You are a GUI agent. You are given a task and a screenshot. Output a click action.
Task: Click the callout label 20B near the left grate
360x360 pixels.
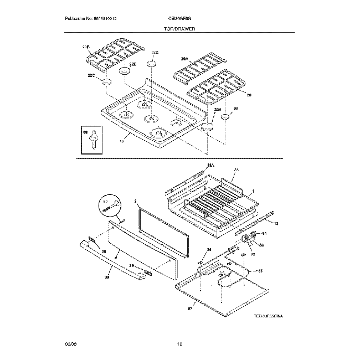tap(85, 47)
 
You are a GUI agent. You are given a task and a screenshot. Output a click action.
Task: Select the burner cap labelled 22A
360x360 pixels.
tap(207, 128)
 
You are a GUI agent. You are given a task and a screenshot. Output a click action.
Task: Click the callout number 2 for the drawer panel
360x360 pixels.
tap(136, 201)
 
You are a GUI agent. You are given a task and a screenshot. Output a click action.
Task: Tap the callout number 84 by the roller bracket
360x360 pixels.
tap(264, 234)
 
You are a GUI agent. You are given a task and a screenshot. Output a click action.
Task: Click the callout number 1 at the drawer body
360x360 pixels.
tap(253, 191)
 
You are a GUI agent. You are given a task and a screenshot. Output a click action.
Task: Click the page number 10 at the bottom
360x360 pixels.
tap(179, 345)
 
